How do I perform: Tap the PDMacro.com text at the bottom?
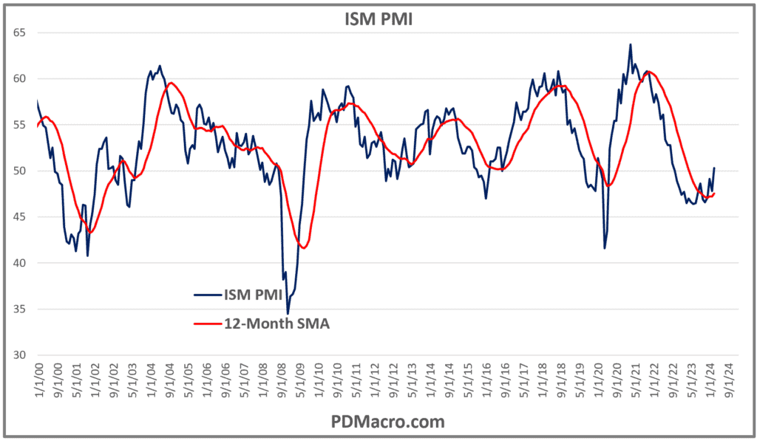pos(378,422)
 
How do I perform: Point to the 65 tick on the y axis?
pos(20,33)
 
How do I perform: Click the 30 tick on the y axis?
pos(20,355)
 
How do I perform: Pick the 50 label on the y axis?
pos(20,171)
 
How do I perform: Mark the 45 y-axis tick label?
pos(20,217)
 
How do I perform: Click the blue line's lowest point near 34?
pos(288,314)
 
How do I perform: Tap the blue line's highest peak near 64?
pos(631,44)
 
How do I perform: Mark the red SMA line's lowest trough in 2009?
pos(303,247)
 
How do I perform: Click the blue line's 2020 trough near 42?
pos(605,247)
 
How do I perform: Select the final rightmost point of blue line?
pos(714,168)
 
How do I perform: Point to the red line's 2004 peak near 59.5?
pos(171,83)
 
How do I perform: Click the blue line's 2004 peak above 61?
pos(160,66)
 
